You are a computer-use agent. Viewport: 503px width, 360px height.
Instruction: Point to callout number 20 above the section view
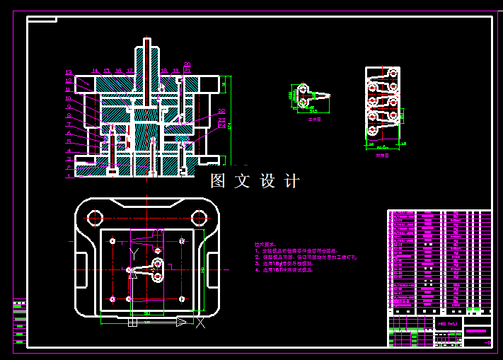point(187,65)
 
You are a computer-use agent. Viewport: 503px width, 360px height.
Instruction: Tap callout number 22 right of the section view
point(221,111)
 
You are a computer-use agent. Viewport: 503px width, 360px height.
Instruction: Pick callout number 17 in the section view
point(132,71)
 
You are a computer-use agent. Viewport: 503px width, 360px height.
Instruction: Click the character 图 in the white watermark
point(218,181)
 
